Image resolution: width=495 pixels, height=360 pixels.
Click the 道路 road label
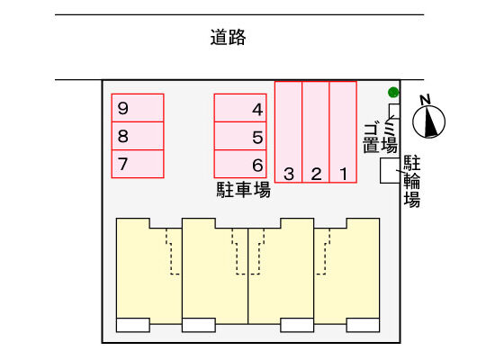click(x=228, y=37)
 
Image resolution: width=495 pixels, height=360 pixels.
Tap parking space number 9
click(x=138, y=108)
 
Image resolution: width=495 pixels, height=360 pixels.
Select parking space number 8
click(x=138, y=136)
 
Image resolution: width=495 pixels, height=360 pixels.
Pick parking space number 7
click(x=138, y=164)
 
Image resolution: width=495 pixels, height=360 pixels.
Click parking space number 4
click(x=240, y=108)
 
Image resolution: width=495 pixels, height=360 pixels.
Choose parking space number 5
click(x=240, y=136)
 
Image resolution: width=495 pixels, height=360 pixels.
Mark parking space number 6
click(x=240, y=164)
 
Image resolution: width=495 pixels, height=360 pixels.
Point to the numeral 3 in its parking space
click(x=289, y=174)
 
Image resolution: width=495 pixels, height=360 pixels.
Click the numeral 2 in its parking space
click(x=316, y=174)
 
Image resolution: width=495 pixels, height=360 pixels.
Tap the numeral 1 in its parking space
click(x=344, y=174)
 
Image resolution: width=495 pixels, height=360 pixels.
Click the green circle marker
click(x=393, y=92)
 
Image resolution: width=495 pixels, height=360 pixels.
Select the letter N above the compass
click(x=426, y=100)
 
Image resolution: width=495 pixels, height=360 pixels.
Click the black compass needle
click(x=430, y=122)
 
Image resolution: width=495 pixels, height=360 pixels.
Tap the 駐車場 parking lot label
click(x=243, y=190)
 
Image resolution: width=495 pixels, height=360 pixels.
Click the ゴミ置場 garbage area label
click(x=380, y=137)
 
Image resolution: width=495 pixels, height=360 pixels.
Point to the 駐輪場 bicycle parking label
click(x=412, y=181)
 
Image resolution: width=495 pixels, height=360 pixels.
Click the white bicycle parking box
click(x=390, y=170)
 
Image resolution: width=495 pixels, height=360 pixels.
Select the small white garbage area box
click(x=394, y=112)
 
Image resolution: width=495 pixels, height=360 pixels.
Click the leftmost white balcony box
click(x=133, y=325)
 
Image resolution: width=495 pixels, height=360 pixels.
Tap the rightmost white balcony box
click(x=363, y=325)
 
